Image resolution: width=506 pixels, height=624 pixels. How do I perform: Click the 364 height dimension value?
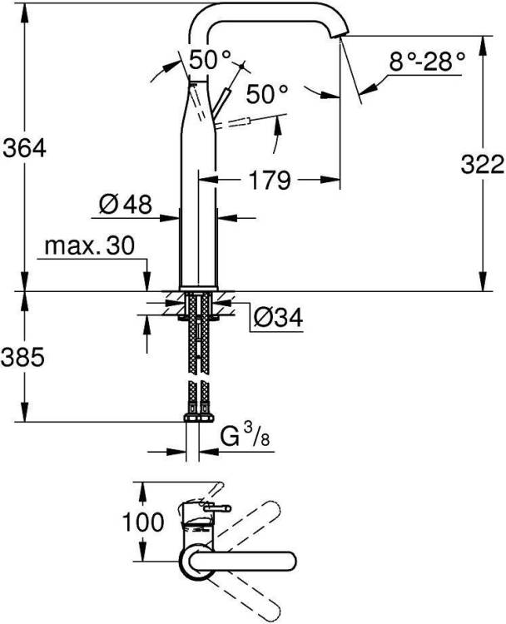click(x=24, y=148)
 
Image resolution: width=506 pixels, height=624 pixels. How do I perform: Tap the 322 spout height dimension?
click(x=483, y=165)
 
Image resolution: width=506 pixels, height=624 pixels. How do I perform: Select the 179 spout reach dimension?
click(x=270, y=180)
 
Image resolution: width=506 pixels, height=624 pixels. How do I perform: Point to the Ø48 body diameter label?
click(x=126, y=205)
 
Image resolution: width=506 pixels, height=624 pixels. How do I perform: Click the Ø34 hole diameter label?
click(x=278, y=318)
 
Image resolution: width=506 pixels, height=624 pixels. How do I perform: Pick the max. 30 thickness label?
click(x=90, y=246)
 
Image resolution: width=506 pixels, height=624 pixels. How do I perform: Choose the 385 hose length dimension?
click(x=22, y=357)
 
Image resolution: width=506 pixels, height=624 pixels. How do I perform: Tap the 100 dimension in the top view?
click(x=142, y=522)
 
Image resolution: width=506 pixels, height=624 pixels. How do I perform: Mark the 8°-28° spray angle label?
click(x=427, y=62)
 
